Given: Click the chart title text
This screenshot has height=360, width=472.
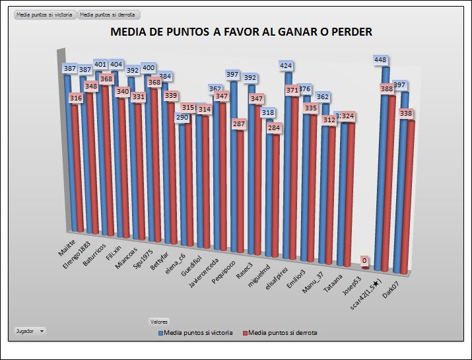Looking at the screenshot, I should pyautogui.click(x=240, y=32).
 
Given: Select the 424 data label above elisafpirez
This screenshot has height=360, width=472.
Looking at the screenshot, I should pyautogui.click(x=286, y=66).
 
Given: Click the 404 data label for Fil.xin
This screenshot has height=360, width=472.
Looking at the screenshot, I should pyautogui.click(x=117, y=65).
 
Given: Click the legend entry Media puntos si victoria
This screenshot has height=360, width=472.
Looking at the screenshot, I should pyautogui.click(x=198, y=333).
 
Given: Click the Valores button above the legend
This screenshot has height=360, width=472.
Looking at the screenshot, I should pyautogui.click(x=159, y=321).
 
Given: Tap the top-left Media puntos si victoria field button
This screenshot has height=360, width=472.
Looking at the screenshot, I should pyautogui.click(x=45, y=14).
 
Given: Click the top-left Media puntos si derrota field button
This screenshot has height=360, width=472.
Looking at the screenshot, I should pyautogui.click(x=109, y=14).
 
